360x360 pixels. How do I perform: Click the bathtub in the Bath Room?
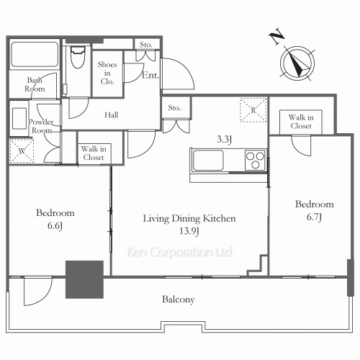tap(35, 54)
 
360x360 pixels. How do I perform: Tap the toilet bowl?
tap(78, 57)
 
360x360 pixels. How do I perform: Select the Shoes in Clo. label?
tap(107, 73)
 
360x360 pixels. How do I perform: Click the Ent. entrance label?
tap(150, 75)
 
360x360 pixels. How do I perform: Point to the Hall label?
tap(112, 115)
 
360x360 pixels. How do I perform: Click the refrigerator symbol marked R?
tap(253, 110)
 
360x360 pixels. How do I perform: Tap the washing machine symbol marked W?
tap(22, 151)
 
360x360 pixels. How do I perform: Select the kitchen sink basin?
tap(208, 161)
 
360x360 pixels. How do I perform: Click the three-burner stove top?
tap(255, 160)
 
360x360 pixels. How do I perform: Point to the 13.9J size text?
tap(189, 231)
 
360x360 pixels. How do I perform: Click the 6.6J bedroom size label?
tap(55, 226)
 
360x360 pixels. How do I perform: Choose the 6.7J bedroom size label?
tap(314, 217)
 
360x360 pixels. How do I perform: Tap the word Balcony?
tap(179, 300)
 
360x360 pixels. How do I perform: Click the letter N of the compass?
tap(276, 37)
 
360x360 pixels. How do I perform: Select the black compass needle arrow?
tap(297, 64)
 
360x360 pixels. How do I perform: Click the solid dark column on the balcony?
tap(84, 279)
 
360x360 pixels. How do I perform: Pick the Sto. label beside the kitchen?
tap(174, 108)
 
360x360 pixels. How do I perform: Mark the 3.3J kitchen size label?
tap(225, 139)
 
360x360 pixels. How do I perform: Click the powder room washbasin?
tap(19, 118)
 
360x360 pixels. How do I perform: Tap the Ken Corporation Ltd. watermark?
tap(180, 252)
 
